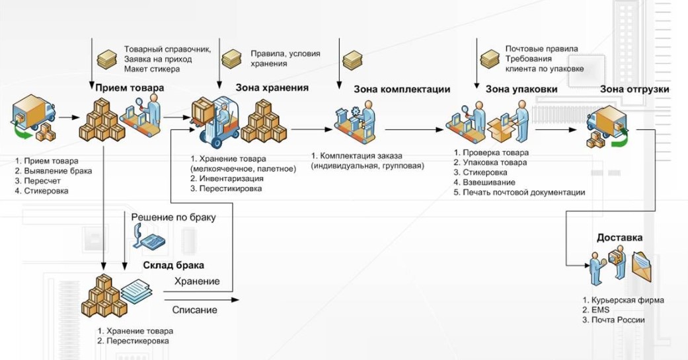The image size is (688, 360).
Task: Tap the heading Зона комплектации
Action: pos(402,89)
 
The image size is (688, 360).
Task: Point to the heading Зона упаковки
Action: pos(521,89)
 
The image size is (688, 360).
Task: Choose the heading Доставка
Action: pos(619,238)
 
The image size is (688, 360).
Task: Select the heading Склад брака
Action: pos(173,266)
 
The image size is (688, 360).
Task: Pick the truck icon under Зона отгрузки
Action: pos(606,126)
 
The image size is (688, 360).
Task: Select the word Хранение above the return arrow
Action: pos(197,281)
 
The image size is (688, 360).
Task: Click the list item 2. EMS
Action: pos(595,310)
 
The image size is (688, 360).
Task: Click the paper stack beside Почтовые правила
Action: pos(490,59)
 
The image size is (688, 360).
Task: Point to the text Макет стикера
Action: pos(152,69)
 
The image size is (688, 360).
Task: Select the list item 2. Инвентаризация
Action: pos(226,178)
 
